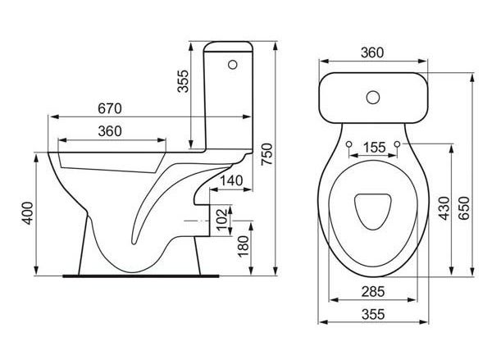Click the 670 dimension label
click(110, 108)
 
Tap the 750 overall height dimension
click(267, 154)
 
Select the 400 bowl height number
click(28, 213)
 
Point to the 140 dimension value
click(231, 180)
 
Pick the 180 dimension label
click(244, 246)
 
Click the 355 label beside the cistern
click(183, 81)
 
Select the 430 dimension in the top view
click(444, 208)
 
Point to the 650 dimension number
click(464, 208)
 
